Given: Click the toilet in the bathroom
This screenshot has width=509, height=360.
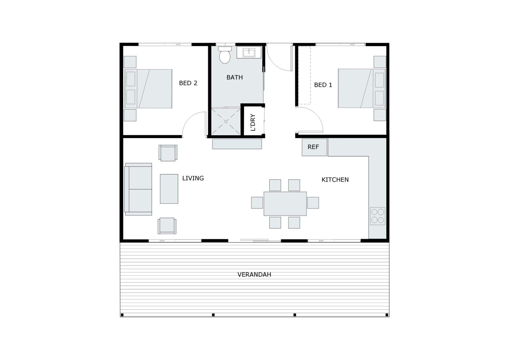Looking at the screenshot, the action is tap(225, 55).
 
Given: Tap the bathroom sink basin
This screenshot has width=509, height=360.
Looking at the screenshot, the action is tap(249, 52).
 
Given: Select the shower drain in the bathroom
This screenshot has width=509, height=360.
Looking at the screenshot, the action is tap(226, 121).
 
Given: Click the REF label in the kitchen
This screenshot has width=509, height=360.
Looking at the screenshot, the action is tap(313, 147).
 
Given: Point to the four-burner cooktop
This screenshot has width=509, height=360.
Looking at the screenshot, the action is tap(378, 216).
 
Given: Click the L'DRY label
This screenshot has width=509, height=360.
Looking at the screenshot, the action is tap(253, 122).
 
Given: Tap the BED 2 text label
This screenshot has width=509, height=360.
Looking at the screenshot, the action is tap(188, 83).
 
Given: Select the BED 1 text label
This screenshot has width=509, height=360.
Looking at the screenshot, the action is tap(323, 85).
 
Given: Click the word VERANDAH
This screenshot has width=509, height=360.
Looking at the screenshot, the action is tap(254, 275).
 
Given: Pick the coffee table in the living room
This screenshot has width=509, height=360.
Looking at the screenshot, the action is tap(169, 189).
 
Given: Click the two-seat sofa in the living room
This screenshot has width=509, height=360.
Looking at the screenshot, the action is tap(138, 189).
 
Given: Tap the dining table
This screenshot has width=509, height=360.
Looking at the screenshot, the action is tap(285, 204).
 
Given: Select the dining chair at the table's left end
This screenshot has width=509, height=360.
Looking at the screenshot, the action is tap(257, 203).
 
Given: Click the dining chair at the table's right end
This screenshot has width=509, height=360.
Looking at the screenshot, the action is tap(313, 203).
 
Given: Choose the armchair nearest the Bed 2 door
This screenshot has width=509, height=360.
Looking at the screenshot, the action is tap(168, 153).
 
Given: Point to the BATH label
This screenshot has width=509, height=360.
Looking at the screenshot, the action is tap(234, 77).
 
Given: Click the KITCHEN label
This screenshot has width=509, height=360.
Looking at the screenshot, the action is tap(335, 180).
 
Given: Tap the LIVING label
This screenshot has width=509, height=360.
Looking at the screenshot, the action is tap(193, 178).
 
